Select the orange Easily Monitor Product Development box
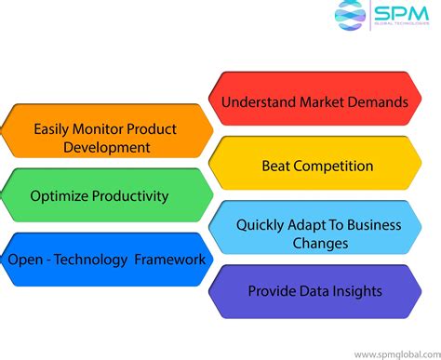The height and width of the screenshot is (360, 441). click(x=104, y=138)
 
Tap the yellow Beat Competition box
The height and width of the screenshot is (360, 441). click(x=314, y=167)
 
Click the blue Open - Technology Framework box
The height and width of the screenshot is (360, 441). click(x=104, y=259)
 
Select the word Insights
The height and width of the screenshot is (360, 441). click(x=358, y=291)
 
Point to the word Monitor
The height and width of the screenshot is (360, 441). click(x=104, y=128)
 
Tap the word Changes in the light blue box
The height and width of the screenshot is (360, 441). click(x=319, y=244)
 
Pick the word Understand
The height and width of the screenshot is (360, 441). click(x=263, y=100)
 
